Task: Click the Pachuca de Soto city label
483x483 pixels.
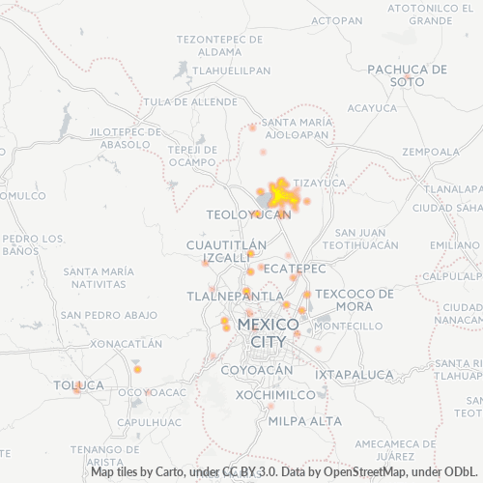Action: click(408, 75)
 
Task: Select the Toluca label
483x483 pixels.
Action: click(77, 385)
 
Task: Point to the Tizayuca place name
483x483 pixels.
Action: click(319, 182)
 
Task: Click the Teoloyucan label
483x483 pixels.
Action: click(248, 214)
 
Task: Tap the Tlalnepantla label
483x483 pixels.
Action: click(235, 295)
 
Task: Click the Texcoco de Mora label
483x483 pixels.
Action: click(355, 299)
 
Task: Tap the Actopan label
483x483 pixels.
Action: click(337, 19)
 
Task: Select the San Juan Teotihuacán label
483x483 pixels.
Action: click(366, 240)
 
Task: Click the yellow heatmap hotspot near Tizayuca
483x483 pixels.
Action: click(280, 196)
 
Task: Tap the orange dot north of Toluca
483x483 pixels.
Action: click(137, 369)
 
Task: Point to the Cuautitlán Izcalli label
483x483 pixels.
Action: click(227, 253)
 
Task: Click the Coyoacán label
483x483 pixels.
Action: click(256, 370)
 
